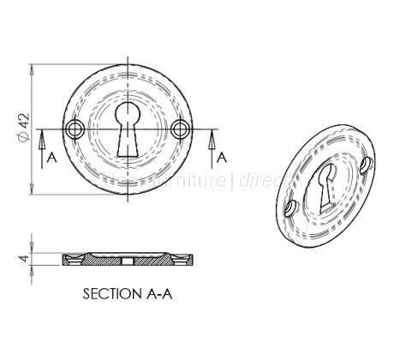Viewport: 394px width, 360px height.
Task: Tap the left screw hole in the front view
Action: pyautogui.click(x=75, y=129)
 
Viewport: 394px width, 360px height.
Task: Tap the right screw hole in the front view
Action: pyautogui.click(x=179, y=129)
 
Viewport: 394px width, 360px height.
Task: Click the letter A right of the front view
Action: pyautogui.click(x=222, y=157)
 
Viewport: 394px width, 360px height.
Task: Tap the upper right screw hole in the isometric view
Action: pyautogui.click(x=367, y=160)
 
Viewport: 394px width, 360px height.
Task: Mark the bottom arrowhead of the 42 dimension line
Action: pyautogui.click(x=33, y=193)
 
